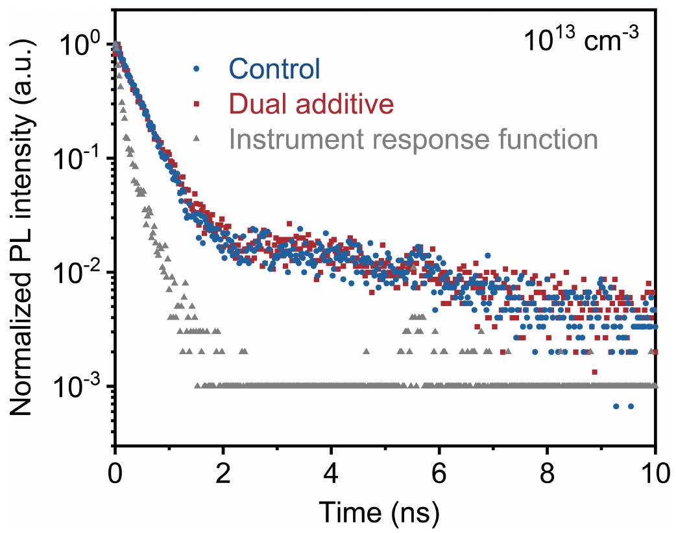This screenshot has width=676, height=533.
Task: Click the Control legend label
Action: [x=275, y=69]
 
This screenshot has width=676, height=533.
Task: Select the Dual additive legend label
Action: [x=311, y=104]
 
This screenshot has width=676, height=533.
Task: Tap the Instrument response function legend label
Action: [x=413, y=139]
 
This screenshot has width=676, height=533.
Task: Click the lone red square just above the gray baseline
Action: [x=595, y=372]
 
